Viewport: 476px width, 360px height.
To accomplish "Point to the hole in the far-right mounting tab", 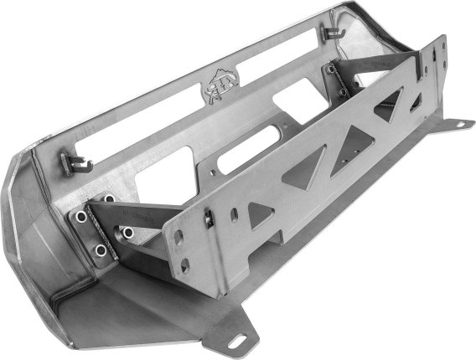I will coord(459,124).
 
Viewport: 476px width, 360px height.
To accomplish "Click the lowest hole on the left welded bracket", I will coord(100,249).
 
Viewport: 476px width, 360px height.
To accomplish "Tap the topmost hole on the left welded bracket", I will coord(109,199).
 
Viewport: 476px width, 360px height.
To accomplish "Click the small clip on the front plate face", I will coord(208,219).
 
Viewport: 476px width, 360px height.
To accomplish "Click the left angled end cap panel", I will coord(34,226).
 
